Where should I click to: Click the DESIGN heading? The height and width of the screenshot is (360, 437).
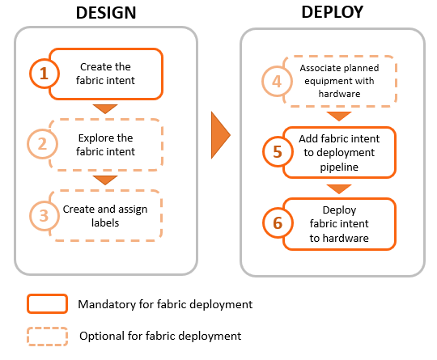click(x=106, y=13)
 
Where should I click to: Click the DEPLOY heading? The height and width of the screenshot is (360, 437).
click(x=333, y=12)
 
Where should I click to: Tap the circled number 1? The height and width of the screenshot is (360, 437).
click(x=44, y=74)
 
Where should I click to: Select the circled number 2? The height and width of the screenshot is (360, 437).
click(x=42, y=144)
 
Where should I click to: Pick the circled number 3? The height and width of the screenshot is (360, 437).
click(x=44, y=216)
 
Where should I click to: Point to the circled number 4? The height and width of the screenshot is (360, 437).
click(x=277, y=82)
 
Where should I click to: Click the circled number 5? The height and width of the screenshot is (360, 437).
click(x=278, y=152)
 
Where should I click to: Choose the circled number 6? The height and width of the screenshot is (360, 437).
click(x=278, y=223)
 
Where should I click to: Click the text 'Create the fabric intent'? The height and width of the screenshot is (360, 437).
click(x=105, y=74)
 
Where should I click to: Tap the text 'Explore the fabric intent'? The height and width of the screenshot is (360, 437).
click(x=105, y=145)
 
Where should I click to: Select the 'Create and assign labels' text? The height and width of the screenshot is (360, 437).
click(x=105, y=216)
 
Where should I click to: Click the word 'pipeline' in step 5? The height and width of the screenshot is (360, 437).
click(x=339, y=167)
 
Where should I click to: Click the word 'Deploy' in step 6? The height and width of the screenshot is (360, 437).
click(x=339, y=210)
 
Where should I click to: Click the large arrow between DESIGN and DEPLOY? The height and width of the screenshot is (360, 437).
click(x=221, y=135)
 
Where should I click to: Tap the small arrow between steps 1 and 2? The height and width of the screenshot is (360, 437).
click(x=105, y=108)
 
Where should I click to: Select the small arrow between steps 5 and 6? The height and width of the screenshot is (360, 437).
click(x=339, y=188)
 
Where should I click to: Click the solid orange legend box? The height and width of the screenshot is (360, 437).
click(x=48, y=303)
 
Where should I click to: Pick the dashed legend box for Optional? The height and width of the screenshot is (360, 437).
click(x=48, y=337)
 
